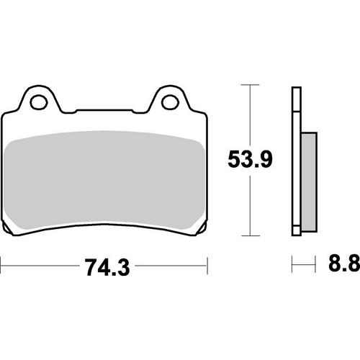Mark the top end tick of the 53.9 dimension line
tap(249, 86)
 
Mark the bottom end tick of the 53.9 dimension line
tap(249, 235)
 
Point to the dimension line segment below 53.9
tap(249, 205)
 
